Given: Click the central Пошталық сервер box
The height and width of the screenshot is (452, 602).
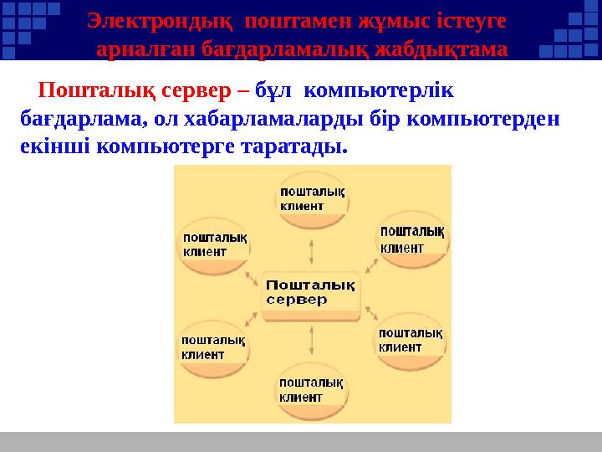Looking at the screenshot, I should [311, 291].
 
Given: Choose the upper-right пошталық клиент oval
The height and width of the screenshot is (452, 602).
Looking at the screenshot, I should [411, 239].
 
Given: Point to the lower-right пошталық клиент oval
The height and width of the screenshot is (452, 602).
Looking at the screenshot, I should [410, 341].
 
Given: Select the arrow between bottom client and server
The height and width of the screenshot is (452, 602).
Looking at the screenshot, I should [312, 341].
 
